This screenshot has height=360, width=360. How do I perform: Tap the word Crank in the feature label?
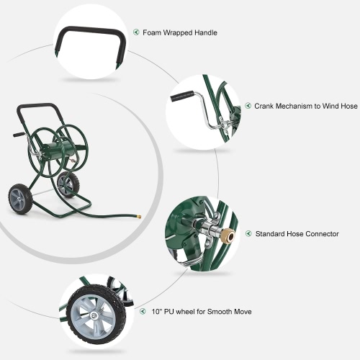coord(264,106)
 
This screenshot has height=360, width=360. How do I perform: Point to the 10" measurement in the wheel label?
coord(156,312)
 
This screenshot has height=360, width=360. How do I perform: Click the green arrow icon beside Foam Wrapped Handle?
coord(136,32)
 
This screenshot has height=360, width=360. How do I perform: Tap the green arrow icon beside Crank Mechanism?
coord(248,106)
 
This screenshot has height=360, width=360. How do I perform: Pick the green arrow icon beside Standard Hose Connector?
coord(248,233)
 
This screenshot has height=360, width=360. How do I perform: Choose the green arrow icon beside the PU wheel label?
coord(143,311)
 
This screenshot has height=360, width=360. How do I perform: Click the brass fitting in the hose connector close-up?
coord(228,237)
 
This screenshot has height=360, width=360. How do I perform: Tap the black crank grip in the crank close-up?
coord(183,96)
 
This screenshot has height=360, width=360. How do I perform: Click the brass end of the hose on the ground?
coord(138,217)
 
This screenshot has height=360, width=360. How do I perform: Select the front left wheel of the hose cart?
coord(18,199)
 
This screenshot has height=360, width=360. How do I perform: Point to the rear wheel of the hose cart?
coord(68,184)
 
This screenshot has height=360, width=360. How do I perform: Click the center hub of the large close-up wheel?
coord(94,315)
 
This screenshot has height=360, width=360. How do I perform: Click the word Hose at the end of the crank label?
coord(348,106)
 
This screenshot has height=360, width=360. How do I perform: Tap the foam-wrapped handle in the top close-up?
coord(92,30)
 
